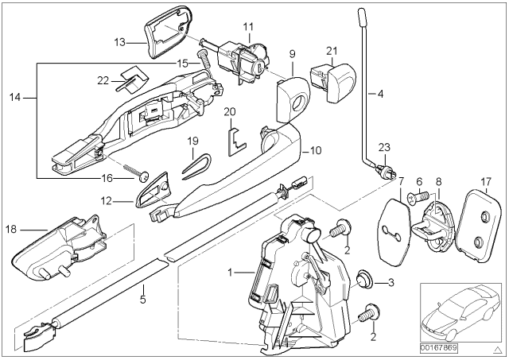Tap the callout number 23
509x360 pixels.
[383, 145]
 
